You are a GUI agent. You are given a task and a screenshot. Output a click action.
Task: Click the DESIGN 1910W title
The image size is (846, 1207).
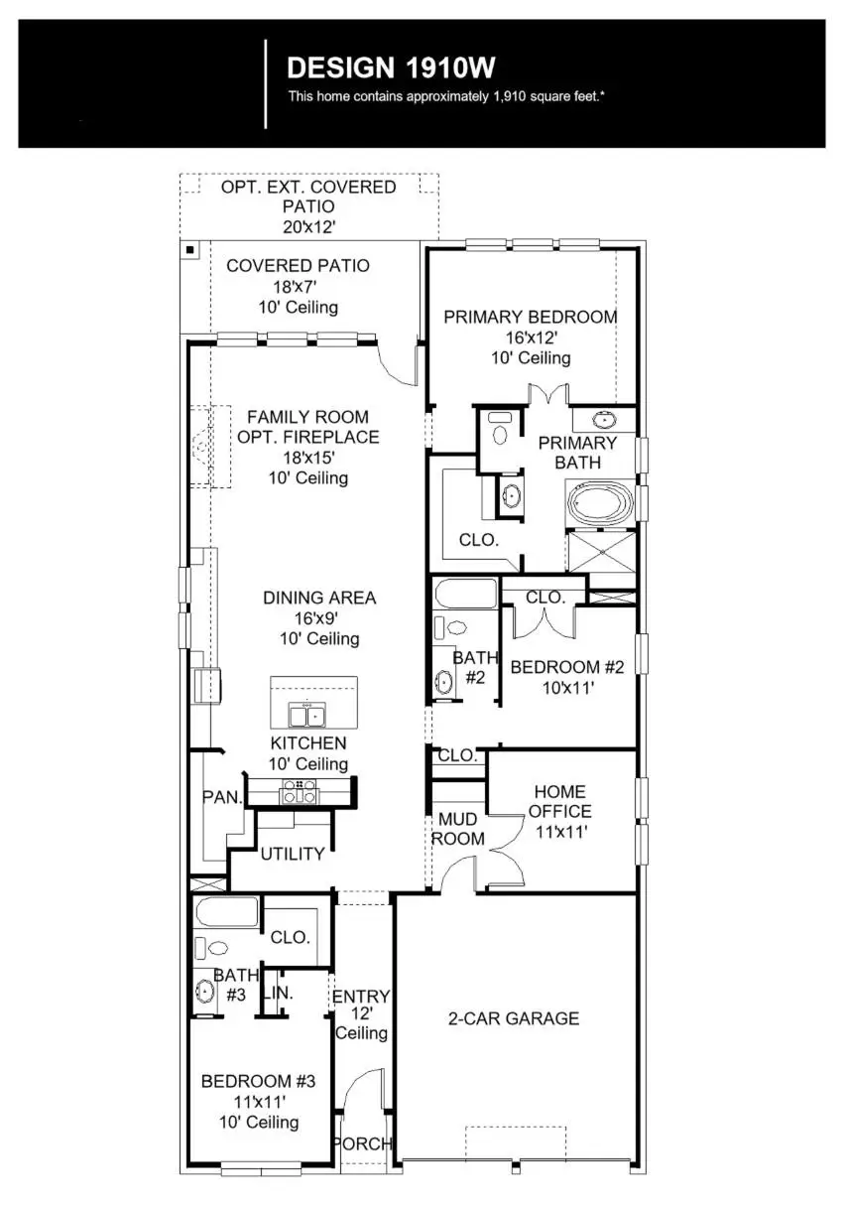pyautogui.click(x=390, y=67)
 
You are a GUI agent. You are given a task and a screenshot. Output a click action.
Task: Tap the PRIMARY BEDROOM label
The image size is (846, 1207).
pyautogui.click(x=530, y=317)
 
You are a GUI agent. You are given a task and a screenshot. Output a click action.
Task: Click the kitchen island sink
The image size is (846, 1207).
pyautogui.click(x=306, y=715)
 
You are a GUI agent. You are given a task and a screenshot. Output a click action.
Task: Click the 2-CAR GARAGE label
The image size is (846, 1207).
pyautogui.click(x=514, y=1018)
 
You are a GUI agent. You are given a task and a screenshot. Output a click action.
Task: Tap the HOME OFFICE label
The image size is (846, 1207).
pyautogui.click(x=560, y=802)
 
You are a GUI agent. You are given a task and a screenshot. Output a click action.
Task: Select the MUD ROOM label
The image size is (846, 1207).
pyautogui.click(x=457, y=829)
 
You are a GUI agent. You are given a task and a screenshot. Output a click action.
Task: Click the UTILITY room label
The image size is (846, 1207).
pyautogui.click(x=293, y=854)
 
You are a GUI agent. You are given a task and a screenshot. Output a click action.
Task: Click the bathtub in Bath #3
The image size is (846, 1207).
pyautogui.click(x=226, y=912)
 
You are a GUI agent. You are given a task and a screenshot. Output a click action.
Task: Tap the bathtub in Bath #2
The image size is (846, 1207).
pyautogui.click(x=465, y=594)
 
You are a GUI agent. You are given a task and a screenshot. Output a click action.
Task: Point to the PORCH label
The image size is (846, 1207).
pyautogui.click(x=363, y=1143)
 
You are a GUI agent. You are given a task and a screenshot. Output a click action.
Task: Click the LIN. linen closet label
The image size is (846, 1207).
pyautogui.click(x=278, y=994)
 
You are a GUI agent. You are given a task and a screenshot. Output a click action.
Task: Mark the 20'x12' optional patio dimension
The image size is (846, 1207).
pyautogui.click(x=307, y=226)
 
